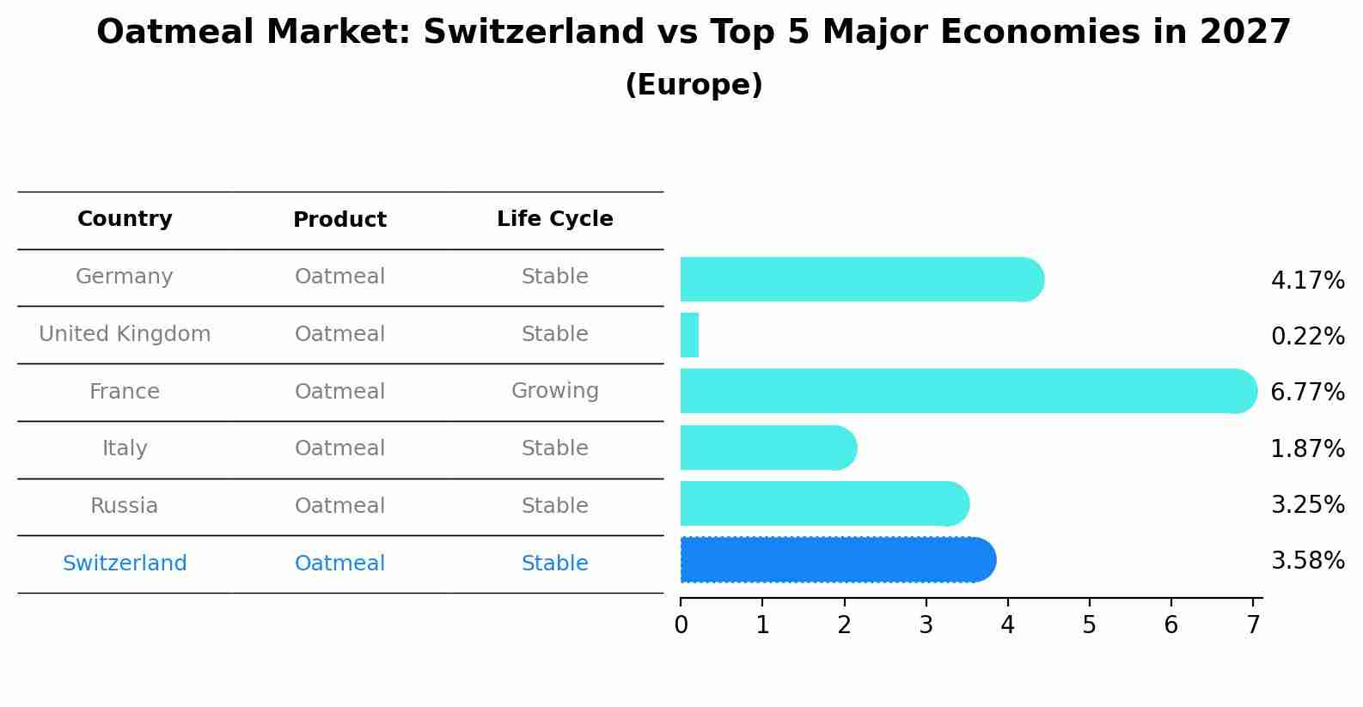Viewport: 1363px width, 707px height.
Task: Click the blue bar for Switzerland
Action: click(838, 559)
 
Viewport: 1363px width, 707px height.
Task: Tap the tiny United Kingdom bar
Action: click(689, 335)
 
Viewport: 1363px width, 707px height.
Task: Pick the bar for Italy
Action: click(768, 448)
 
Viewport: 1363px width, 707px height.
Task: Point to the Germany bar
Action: click(862, 279)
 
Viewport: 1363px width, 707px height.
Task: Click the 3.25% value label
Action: click(1307, 504)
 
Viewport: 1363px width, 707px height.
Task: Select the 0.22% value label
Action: click(1307, 336)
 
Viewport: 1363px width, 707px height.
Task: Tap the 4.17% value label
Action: click(1307, 280)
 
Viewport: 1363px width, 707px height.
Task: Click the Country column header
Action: click(125, 219)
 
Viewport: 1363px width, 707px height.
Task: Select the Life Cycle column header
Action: click(554, 219)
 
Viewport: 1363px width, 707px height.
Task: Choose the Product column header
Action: click(339, 220)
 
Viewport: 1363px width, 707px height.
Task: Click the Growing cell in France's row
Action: click(554, 391)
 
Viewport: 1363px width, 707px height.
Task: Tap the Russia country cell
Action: click(125, 506)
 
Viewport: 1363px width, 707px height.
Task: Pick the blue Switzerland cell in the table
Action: click(125, 564)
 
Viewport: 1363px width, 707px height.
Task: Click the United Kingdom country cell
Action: click(125, 334)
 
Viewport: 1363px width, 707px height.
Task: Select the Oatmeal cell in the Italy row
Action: click(339, 448)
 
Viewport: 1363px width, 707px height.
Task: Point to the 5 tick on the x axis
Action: click(1089, 625)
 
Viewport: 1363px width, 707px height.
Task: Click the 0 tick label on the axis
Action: click(681, 625)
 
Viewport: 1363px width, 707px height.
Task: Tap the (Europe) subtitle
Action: click(694, 85)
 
